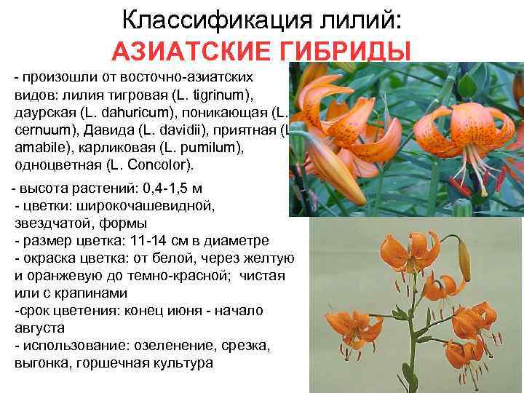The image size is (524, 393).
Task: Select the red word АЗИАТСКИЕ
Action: tap(186, 52)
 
